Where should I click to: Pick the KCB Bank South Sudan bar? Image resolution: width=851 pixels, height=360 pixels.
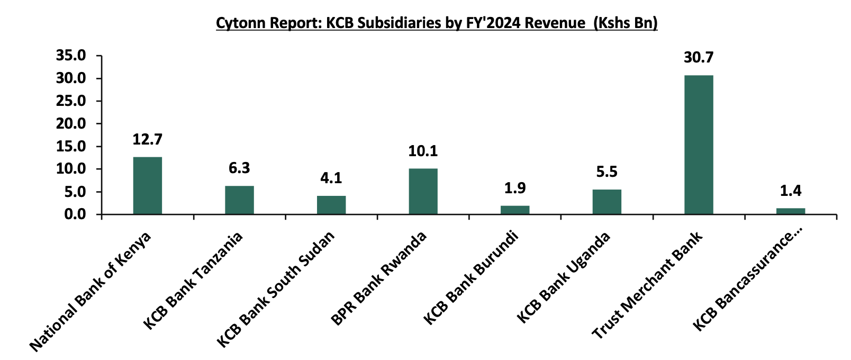pyautogui.click(x=331, y=205)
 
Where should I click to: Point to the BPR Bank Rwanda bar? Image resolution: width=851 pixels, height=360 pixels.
pyautogui.click(x=423, y=191)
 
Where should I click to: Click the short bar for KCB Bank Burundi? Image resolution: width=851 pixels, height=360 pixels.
pyautogui.click(x=515, y=210)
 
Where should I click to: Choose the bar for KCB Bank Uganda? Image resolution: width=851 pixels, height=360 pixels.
pyautogui.click(x=606, y=202)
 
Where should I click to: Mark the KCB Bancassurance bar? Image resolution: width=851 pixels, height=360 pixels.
pyautogui.click(x=790, y=211)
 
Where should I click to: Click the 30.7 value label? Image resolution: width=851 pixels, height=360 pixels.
pyautogui.click(x=698, y=57)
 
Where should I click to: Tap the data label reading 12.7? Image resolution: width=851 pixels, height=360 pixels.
pyautogui.click(x=147, y=139)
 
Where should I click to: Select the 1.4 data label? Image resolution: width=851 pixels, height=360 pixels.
pyautogui.click(x=790, y=191)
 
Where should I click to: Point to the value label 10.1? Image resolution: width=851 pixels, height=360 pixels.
pyautogui.click(x=423, y=151)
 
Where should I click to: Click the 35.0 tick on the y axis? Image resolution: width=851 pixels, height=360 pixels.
pyautogui.click(x=71, y=56)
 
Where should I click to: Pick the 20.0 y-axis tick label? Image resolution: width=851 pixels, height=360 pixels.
pyautogui.click(x=71, y=123)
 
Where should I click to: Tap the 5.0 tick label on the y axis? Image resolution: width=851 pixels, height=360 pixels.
pyautogui.click(x=75, y=192)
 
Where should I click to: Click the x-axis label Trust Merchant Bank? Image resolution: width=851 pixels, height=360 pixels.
pyautogui.click(x=647, y=286)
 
